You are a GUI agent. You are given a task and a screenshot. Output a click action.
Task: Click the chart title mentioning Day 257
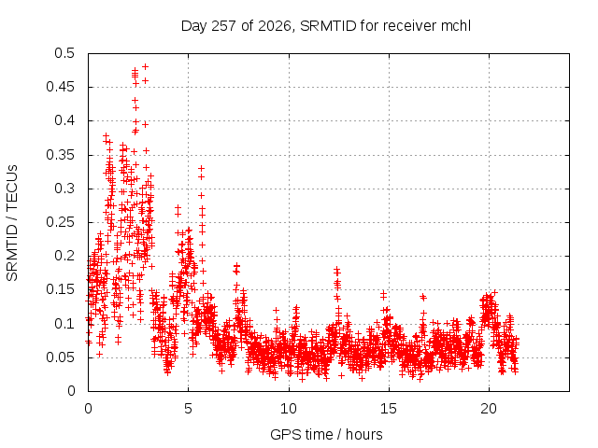(x=326, y=26)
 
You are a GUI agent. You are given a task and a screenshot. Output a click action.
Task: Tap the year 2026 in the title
(x=274, y=26)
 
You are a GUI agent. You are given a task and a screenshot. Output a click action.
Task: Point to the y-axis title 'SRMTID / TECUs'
(x=12, y=223)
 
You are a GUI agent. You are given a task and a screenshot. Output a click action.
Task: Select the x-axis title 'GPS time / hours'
(x=326, y=434)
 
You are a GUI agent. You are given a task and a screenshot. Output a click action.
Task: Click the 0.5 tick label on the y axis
(x=64, y=53)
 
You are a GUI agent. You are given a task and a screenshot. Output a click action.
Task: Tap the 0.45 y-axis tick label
(x=60, y=87)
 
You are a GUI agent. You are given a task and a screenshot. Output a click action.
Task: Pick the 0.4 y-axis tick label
(x=64, y=120)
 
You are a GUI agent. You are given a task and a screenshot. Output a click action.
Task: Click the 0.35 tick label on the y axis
(x=60, y=155)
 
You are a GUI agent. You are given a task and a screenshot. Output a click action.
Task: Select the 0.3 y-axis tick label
(x=64, y=189)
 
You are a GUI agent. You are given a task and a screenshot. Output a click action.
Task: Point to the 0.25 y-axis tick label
(x=60, y=222)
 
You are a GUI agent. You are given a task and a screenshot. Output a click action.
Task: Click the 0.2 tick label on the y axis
(x=64, y=256)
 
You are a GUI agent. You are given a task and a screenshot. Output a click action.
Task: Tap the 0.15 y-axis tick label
(x=60, y=289)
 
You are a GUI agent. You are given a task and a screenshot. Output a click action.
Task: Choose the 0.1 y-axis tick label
(x=64, y=324)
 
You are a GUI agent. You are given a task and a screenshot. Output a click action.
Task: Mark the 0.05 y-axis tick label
(x=60, y=357)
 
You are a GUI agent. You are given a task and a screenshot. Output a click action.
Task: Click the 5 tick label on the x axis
(x=188, y=409)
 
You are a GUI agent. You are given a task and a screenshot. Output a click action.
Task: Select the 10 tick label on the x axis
(x=289, y=409)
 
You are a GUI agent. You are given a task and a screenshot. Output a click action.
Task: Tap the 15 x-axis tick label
(x=389, y=409)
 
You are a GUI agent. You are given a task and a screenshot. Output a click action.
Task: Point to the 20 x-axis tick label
(x=489, y=409)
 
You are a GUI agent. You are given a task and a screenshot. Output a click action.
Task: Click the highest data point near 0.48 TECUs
(x=146, y=66)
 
